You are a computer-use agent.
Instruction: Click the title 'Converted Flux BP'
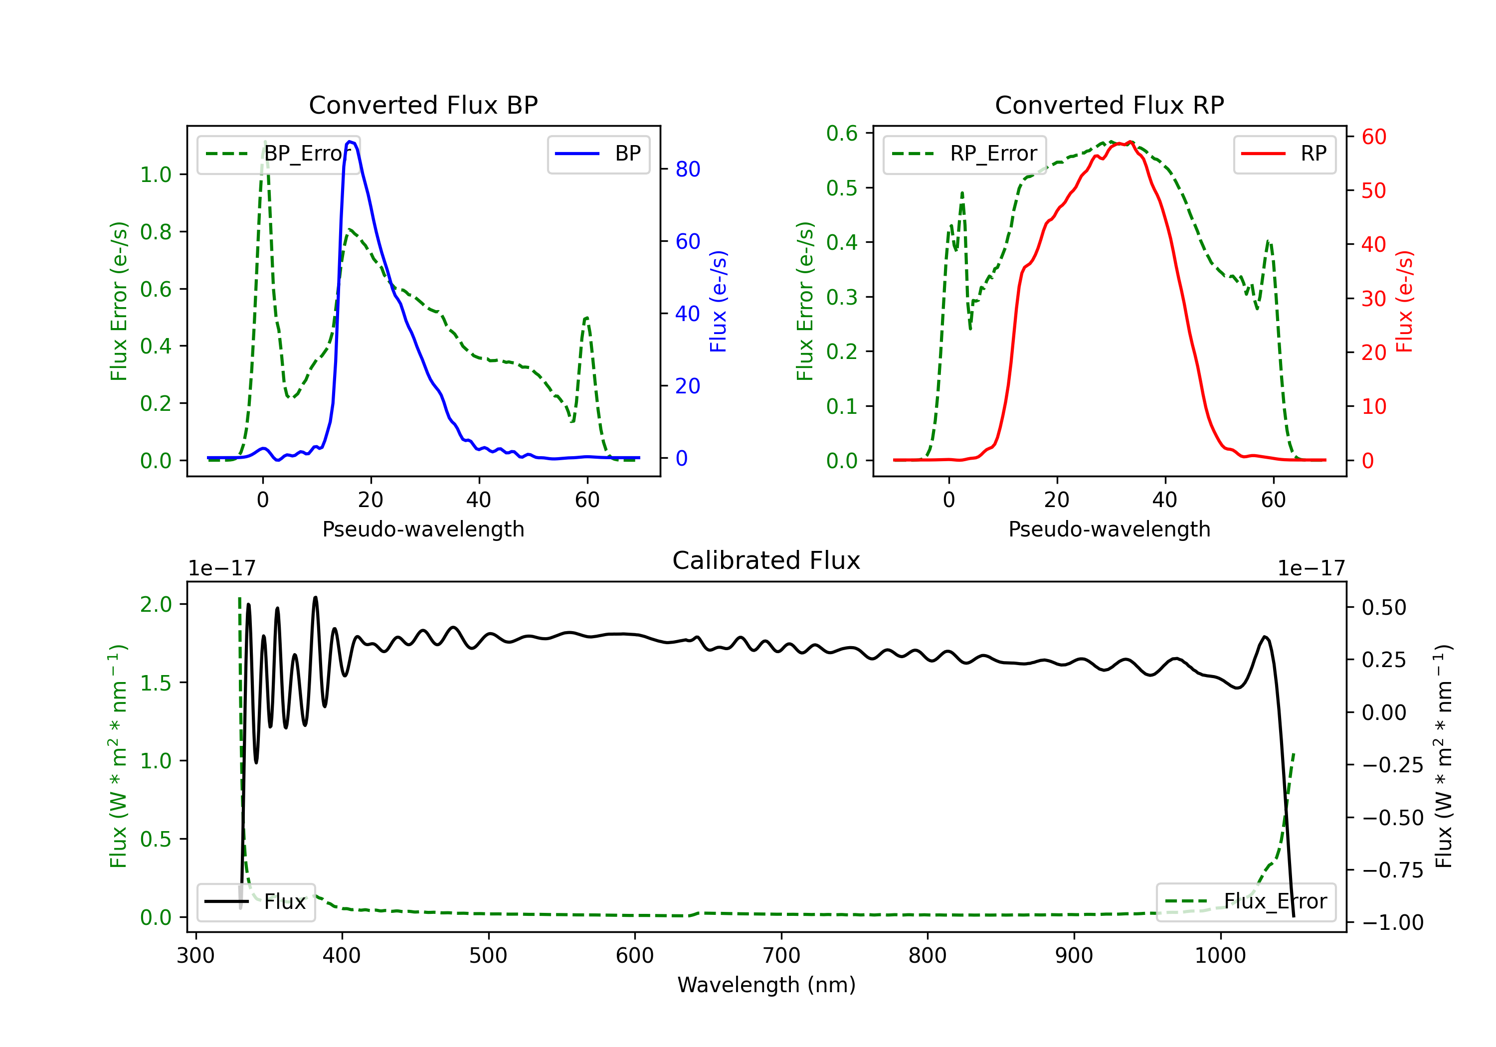423,105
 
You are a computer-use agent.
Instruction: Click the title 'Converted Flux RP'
1109,105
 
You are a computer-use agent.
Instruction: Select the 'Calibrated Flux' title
766,560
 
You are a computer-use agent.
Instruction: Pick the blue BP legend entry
598,154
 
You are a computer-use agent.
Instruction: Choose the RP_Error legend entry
964,154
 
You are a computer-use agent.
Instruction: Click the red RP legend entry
1284,154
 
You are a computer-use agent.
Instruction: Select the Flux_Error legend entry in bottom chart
1246,902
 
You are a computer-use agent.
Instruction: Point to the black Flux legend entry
255,902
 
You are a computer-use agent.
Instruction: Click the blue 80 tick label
687,170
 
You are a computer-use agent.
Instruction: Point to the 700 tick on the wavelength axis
781,956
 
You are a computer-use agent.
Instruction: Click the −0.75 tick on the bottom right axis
1392,871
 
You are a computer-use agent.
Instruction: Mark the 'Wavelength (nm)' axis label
766,985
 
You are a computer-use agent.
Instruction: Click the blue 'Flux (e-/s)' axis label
718,302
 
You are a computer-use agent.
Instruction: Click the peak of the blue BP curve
351,142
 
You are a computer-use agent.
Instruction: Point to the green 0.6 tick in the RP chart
842,133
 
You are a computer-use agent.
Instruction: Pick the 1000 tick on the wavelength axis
1220,956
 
